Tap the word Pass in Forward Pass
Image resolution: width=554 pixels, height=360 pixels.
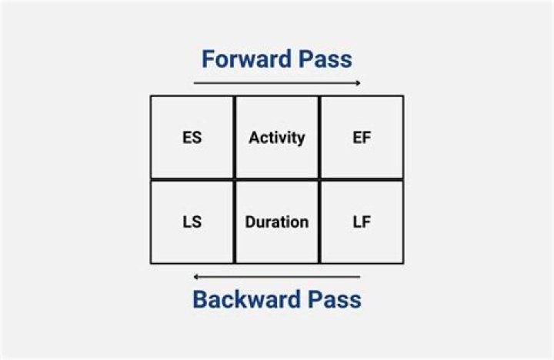tap(325, 59)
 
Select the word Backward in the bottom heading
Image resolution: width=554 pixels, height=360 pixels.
tap(247, 299)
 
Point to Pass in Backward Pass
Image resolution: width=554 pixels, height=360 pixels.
tap(335, 299)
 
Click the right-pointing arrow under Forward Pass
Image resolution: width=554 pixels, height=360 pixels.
tap(277, 83)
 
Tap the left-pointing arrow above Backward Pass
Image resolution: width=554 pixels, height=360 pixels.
tap(277, 277)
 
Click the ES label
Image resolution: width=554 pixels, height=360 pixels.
tap(192, 138)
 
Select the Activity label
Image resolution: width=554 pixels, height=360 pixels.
tap(277, 138)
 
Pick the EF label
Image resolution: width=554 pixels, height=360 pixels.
tap(362, 138)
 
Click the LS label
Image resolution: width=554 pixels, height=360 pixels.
tap(192, 222)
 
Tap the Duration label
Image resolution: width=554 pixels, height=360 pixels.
tap(277, 222)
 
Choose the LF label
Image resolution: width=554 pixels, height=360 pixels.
tap(362, 222)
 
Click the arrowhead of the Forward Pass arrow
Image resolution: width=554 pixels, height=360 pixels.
tap(359, 83)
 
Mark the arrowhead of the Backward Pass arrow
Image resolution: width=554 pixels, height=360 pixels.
tap(196, 277)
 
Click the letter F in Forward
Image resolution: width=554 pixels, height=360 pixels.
tap(208, 59)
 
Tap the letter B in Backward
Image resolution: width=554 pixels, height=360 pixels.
tap(199, 299)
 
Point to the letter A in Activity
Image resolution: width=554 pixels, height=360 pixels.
tap(255, 137)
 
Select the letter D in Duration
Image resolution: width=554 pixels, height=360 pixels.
tap(251, 222)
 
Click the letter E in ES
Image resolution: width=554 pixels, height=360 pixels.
tap(187, 138)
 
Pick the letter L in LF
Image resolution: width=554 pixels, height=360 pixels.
tap(357, 222)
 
